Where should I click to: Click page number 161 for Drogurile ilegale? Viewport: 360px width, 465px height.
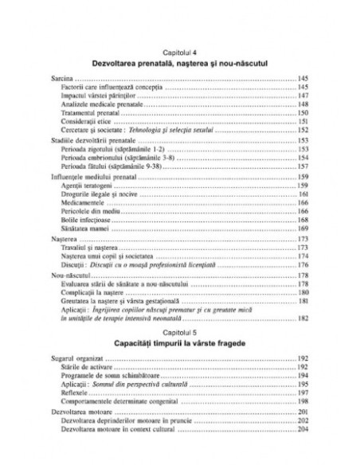click(x=304, y=193)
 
